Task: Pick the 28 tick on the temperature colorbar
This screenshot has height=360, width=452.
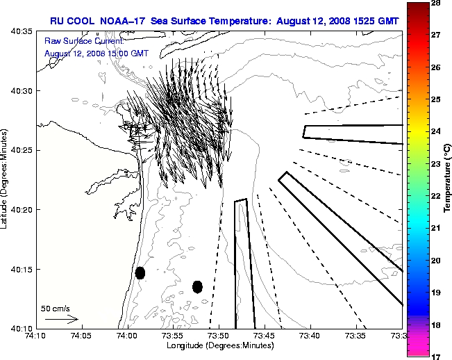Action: click(x=439, y=3)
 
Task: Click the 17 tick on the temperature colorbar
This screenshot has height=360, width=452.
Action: click(x=439, y=356)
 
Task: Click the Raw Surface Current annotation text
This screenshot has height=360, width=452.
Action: click(x=76, y=42)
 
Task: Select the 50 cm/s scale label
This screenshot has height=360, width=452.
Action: click(x=56, y=308)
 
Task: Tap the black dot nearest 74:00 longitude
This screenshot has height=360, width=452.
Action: click(x=140, y=272)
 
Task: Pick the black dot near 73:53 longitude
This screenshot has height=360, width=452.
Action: click(x=197, y=286)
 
